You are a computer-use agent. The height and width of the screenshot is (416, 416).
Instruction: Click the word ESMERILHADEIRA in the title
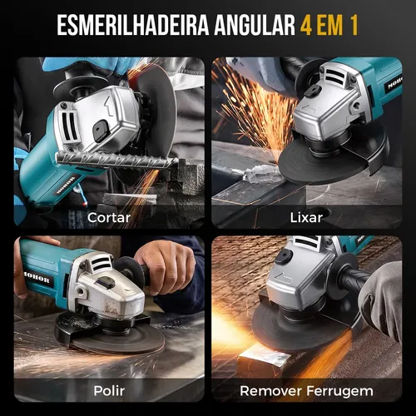click(x=133, y=25)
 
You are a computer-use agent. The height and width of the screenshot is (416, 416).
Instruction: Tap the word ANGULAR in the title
click(x=255, y=25)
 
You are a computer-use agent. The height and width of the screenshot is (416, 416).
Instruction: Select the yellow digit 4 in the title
click(x=306, y=25)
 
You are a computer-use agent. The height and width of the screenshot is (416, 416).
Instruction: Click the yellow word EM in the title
click(x=330, y=25)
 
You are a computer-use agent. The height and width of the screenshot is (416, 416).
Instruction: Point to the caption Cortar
click(x=109, y=218)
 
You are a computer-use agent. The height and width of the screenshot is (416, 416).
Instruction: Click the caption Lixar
click(x=306, y=218)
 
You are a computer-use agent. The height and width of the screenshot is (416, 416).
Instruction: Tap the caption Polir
click(x=109, y=391)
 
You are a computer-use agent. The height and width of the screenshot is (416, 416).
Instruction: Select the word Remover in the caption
click(x=271, y=391)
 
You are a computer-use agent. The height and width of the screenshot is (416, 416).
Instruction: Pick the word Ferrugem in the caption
click(x=339, y=391)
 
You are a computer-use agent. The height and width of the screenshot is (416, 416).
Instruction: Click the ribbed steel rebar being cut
click(x=116, y=160)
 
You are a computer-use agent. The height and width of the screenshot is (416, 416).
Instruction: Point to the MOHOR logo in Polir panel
click(x=37, y=278)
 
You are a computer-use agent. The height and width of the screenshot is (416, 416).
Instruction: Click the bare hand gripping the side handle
click(x=166, y=266)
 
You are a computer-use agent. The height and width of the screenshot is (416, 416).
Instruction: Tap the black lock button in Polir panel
click(x=106, y=282)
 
